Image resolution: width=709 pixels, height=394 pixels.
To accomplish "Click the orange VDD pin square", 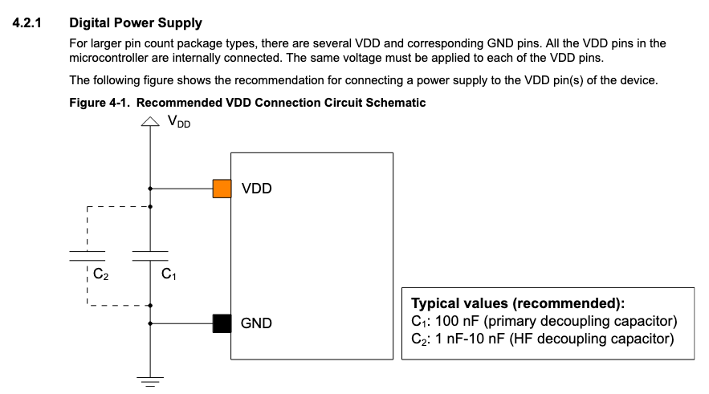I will tap(222, 189).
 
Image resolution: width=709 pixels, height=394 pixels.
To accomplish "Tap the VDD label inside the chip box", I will tap(257, 189).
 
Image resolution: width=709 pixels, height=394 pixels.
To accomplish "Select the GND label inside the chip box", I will tap(257, 323).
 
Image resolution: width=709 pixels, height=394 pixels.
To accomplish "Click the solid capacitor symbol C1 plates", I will tap(150, 255).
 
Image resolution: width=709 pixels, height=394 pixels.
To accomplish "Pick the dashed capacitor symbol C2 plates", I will tap(86, 255).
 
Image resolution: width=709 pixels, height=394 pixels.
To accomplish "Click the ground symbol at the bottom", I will tap(150, 378).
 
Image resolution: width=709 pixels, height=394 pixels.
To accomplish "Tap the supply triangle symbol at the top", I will tap(150, 121).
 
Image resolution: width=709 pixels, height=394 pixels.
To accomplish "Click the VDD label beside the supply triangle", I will tap(178, 121).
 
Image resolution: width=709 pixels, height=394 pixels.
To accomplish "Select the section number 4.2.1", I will tap(29, 22).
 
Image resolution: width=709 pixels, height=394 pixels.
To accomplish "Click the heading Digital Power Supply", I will tap(136, 22).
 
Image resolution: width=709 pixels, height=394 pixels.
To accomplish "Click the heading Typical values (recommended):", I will tap(518, 304).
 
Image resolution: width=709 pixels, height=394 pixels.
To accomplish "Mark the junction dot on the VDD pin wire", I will tap(150, 189).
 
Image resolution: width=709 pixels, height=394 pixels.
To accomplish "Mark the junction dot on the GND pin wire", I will tap(150, 323).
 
